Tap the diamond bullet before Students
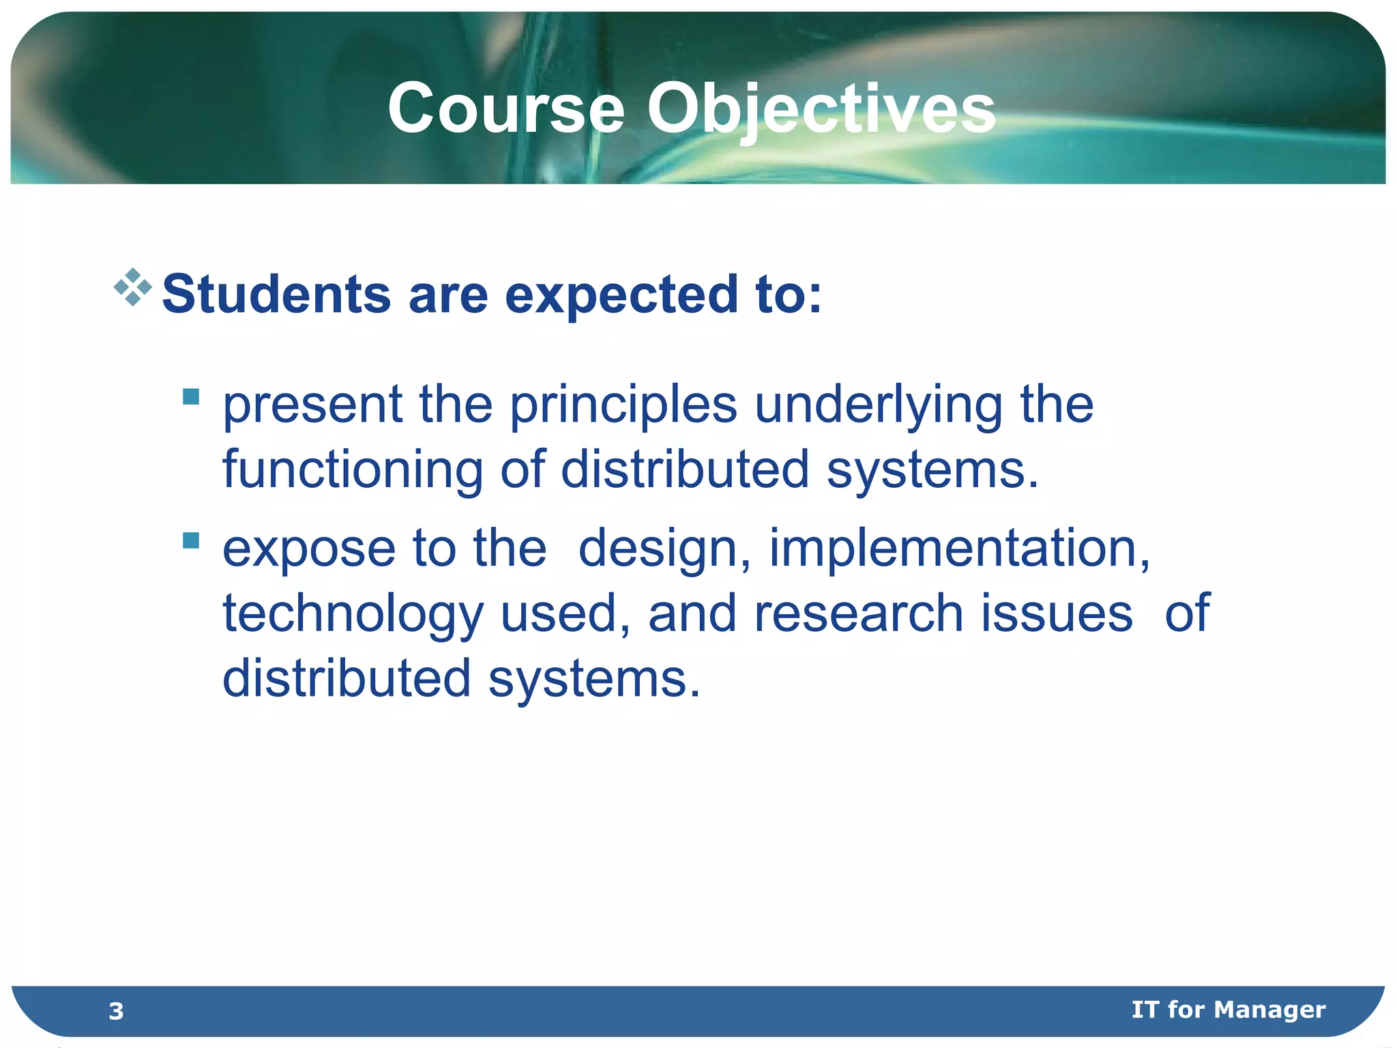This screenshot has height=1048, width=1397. (x=133, y=287)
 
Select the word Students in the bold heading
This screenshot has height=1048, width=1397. (x=276, y=295)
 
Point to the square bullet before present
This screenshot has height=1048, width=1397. (x=191, y=396)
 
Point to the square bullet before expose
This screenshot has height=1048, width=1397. (x=191, y=540)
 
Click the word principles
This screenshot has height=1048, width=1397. (x=623, y=405)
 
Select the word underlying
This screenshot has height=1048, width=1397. (x=878, y=405)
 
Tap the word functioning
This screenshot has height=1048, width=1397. (x=353, y=469)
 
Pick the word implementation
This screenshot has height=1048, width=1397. (x=959, y=549)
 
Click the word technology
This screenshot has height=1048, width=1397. (x=353, y=613)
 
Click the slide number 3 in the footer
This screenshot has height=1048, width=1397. (x=116, y=1010)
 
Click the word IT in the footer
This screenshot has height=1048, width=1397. (x=1145, y=1009)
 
